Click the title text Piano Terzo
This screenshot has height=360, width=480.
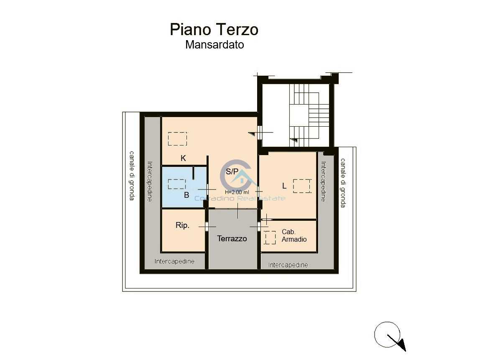[x=214, y=30]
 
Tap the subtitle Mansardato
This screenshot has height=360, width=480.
[x=214, y=45]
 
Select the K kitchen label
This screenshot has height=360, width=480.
[x=184, y=158]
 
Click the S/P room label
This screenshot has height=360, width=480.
[x=232, y=172]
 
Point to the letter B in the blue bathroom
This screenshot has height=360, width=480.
[x=186, y=195]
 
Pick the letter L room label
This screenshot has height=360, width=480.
[x=284, y=186]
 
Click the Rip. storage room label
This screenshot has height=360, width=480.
[x=182, y=226]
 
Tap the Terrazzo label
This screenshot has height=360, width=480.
[x=232, y=238]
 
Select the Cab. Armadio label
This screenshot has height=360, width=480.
[x=294, y=236]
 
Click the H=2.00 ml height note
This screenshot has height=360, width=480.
[x=237, y=192]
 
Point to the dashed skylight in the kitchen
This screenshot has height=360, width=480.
[x=177, y=139]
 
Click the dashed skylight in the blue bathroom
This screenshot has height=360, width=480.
[x=176, y=184]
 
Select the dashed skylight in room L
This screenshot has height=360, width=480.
[x=302, y=186]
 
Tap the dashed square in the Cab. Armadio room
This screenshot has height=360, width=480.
[x=270, y=237]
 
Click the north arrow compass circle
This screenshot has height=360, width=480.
[x=387, y=334]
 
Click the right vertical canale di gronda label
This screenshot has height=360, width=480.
[x=343, y=183]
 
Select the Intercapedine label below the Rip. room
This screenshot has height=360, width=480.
[x=174, y=261]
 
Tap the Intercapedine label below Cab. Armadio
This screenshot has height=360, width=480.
[x=288, y=265]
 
